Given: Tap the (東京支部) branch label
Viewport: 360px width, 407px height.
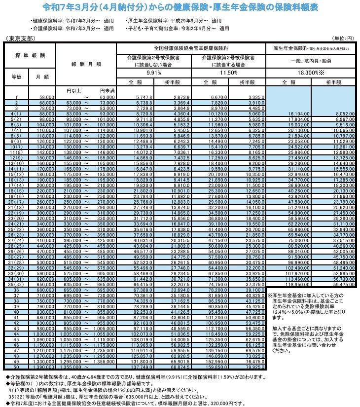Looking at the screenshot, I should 18,37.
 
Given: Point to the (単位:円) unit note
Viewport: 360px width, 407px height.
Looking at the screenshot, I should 343,37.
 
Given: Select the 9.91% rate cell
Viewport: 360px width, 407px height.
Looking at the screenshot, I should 154,72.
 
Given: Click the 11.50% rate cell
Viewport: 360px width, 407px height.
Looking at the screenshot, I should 229,72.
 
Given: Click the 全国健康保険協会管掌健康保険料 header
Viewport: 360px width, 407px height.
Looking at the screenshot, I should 191,48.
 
